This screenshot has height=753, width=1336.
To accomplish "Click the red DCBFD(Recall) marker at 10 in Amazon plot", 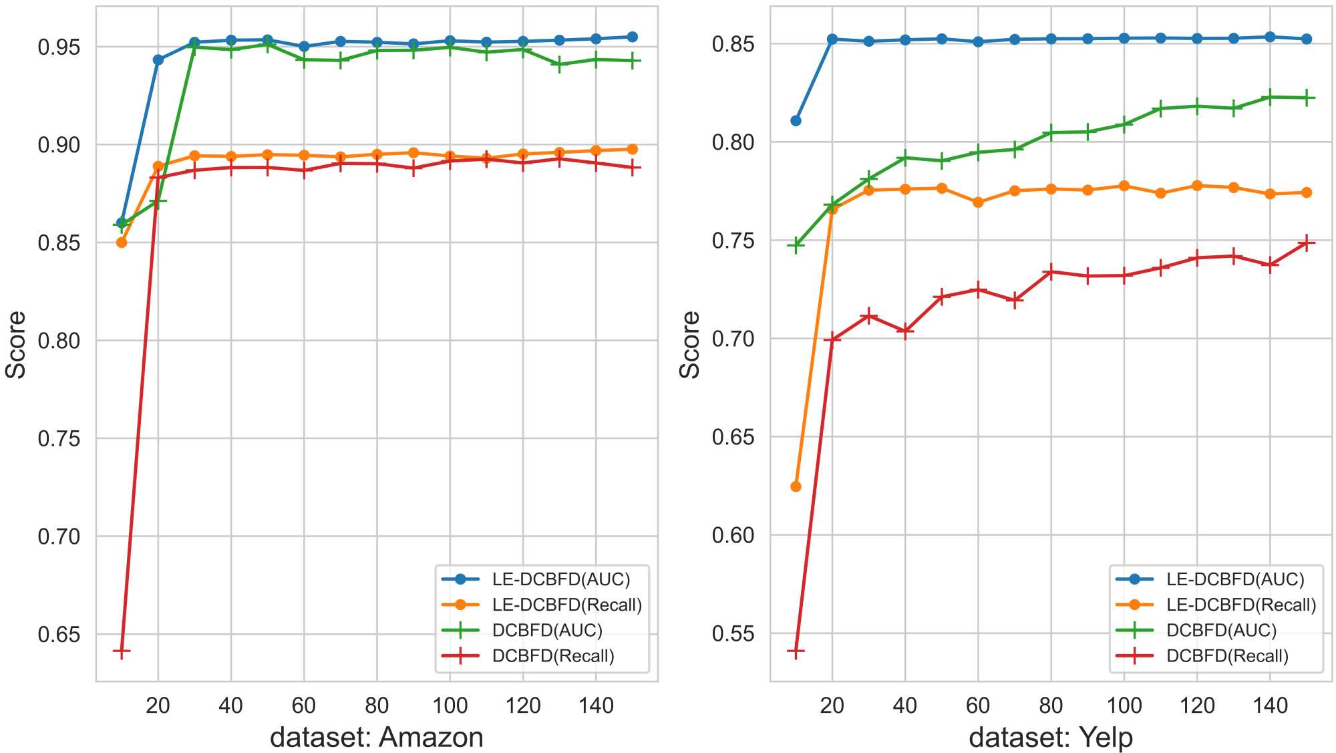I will (x=122, y=651).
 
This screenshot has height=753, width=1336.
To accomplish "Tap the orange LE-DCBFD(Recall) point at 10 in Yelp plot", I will (x=796, y=486).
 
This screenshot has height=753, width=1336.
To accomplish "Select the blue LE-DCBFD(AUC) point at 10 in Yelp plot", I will (x=796, y=121).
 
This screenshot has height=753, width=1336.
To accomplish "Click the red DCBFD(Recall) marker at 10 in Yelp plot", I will (x=796, y=651).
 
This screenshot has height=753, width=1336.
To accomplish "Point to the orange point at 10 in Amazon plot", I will (x=122, y=243).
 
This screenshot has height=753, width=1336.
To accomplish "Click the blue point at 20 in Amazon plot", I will (x=158, y=60).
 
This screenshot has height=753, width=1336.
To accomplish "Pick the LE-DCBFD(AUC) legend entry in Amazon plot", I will (x=560, y=579).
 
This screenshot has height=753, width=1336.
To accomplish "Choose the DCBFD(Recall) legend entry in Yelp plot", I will (x=1226, y=655).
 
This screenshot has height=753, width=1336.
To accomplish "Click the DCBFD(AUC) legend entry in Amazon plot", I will (x=546, y=630).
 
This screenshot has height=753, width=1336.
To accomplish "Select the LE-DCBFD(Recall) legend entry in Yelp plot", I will (x=1240, y=605).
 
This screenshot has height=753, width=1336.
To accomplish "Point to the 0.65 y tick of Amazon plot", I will (x=59, y=634).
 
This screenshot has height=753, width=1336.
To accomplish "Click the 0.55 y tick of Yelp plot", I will (x=733, y=633).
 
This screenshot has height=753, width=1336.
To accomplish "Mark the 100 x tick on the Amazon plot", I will (x=450, y=705).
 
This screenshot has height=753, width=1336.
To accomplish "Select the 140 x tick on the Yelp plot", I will (x=1270, y=705).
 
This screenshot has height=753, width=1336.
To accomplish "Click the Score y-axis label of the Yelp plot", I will (x=689, y=345).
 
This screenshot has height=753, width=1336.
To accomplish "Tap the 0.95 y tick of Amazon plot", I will (x=59, y=47).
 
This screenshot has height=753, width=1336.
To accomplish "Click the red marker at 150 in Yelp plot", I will (x=1306, y=243).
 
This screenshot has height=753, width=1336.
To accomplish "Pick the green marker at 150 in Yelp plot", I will (x=1306, y=98).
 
